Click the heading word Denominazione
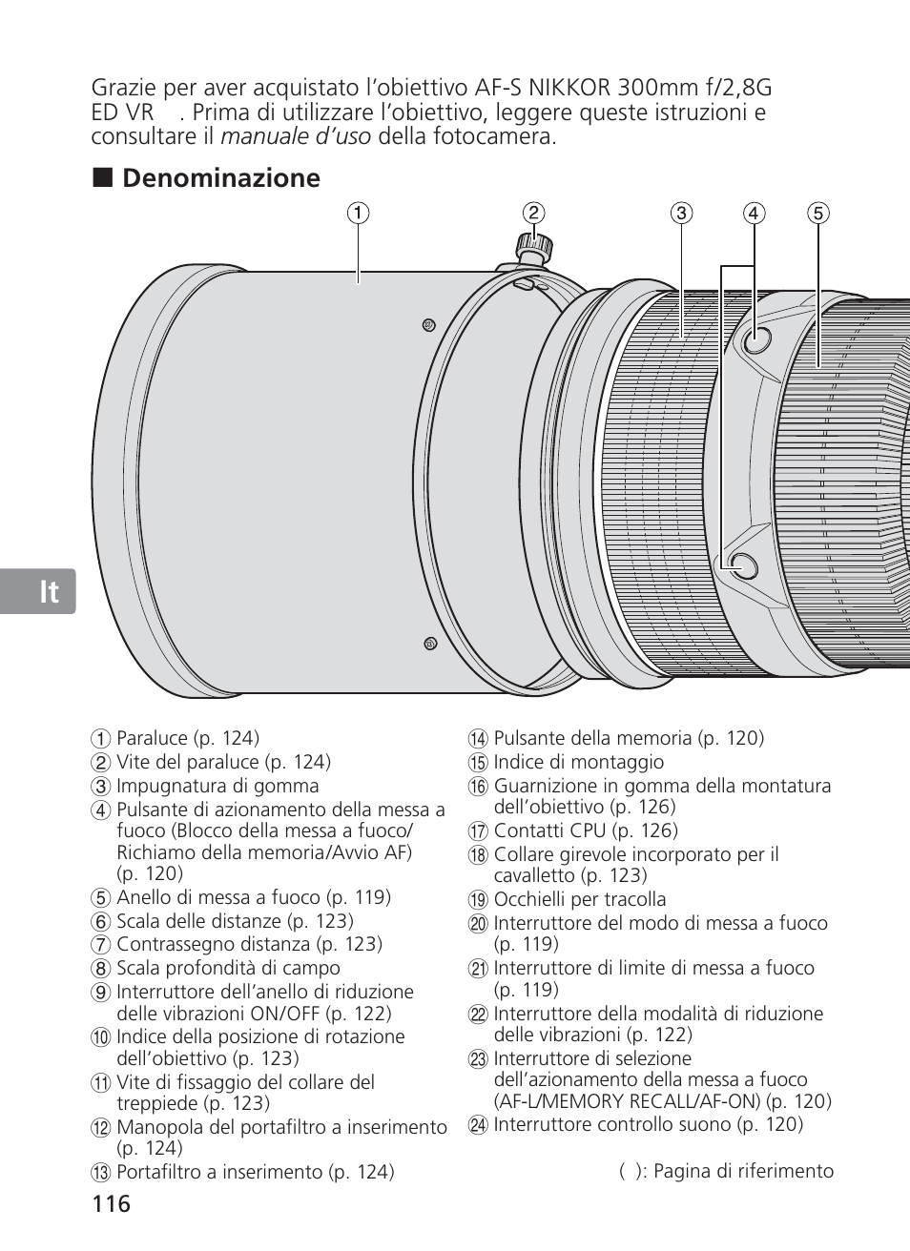[x=221, y=178]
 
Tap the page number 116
[x=112, y=1203]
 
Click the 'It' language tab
[x=50, y=592]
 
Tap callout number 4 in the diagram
[x=754, y=213]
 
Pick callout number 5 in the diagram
[x=817, y=213]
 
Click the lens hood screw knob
[x=532, y=247]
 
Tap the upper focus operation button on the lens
[x=755, y=338]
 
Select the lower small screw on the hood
[x=430, y=644]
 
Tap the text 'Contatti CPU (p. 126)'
[x=586, y=831]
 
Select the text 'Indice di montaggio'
[x=578, y=762]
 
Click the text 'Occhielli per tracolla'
[x=580, y=899]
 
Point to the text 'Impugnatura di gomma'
[x=217, y=786]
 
